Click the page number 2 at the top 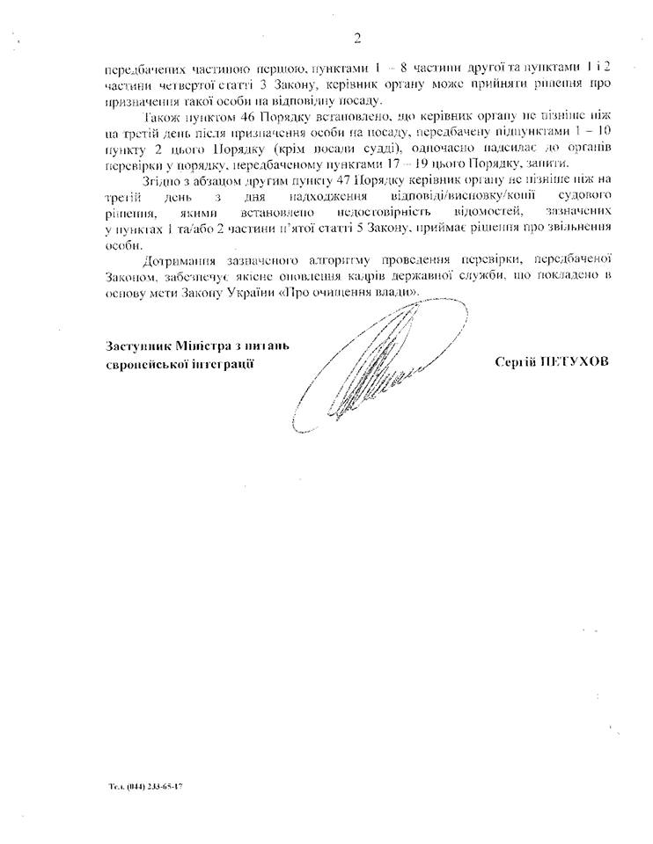coord(356,37)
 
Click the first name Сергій coord(517,362)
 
